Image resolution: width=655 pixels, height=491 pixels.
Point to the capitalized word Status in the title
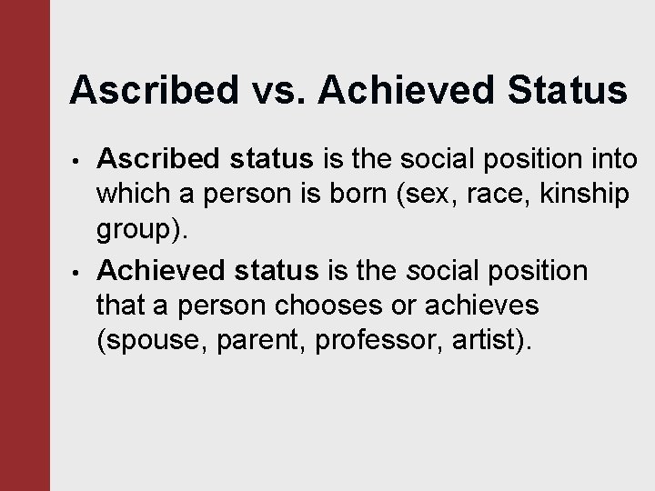(x=565, y=90)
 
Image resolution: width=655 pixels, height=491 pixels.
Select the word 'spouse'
(x=149, y=341)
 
